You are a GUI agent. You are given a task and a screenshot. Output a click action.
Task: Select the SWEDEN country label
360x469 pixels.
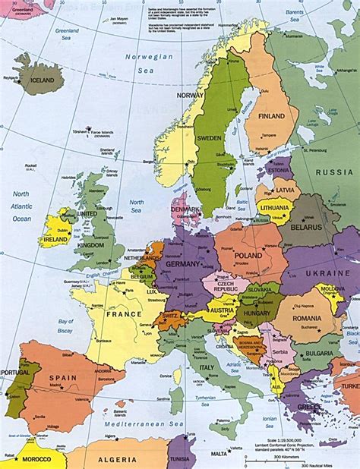[208, 139]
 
